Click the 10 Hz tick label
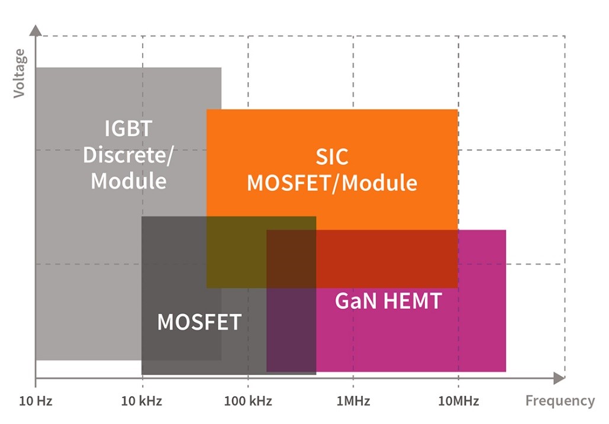tap(36, 402)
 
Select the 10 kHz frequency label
tap(141, 402)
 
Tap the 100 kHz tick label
tap(248, 402)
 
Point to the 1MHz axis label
tap(353, 402)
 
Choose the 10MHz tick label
tap(459, 402)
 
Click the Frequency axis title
tap(560, 401)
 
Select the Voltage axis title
tap(20, 73)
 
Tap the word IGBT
tap(128, 128)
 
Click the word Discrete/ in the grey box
tap(128, 154)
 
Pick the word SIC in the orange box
tap(331, 157)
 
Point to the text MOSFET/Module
tap(331, 183)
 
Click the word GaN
tap(355, 301)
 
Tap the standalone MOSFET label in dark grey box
tap(199, 322)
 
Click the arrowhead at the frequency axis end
tap(559, 378)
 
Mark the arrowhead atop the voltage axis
tap(36, 30)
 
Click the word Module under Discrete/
tap(128, 180)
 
